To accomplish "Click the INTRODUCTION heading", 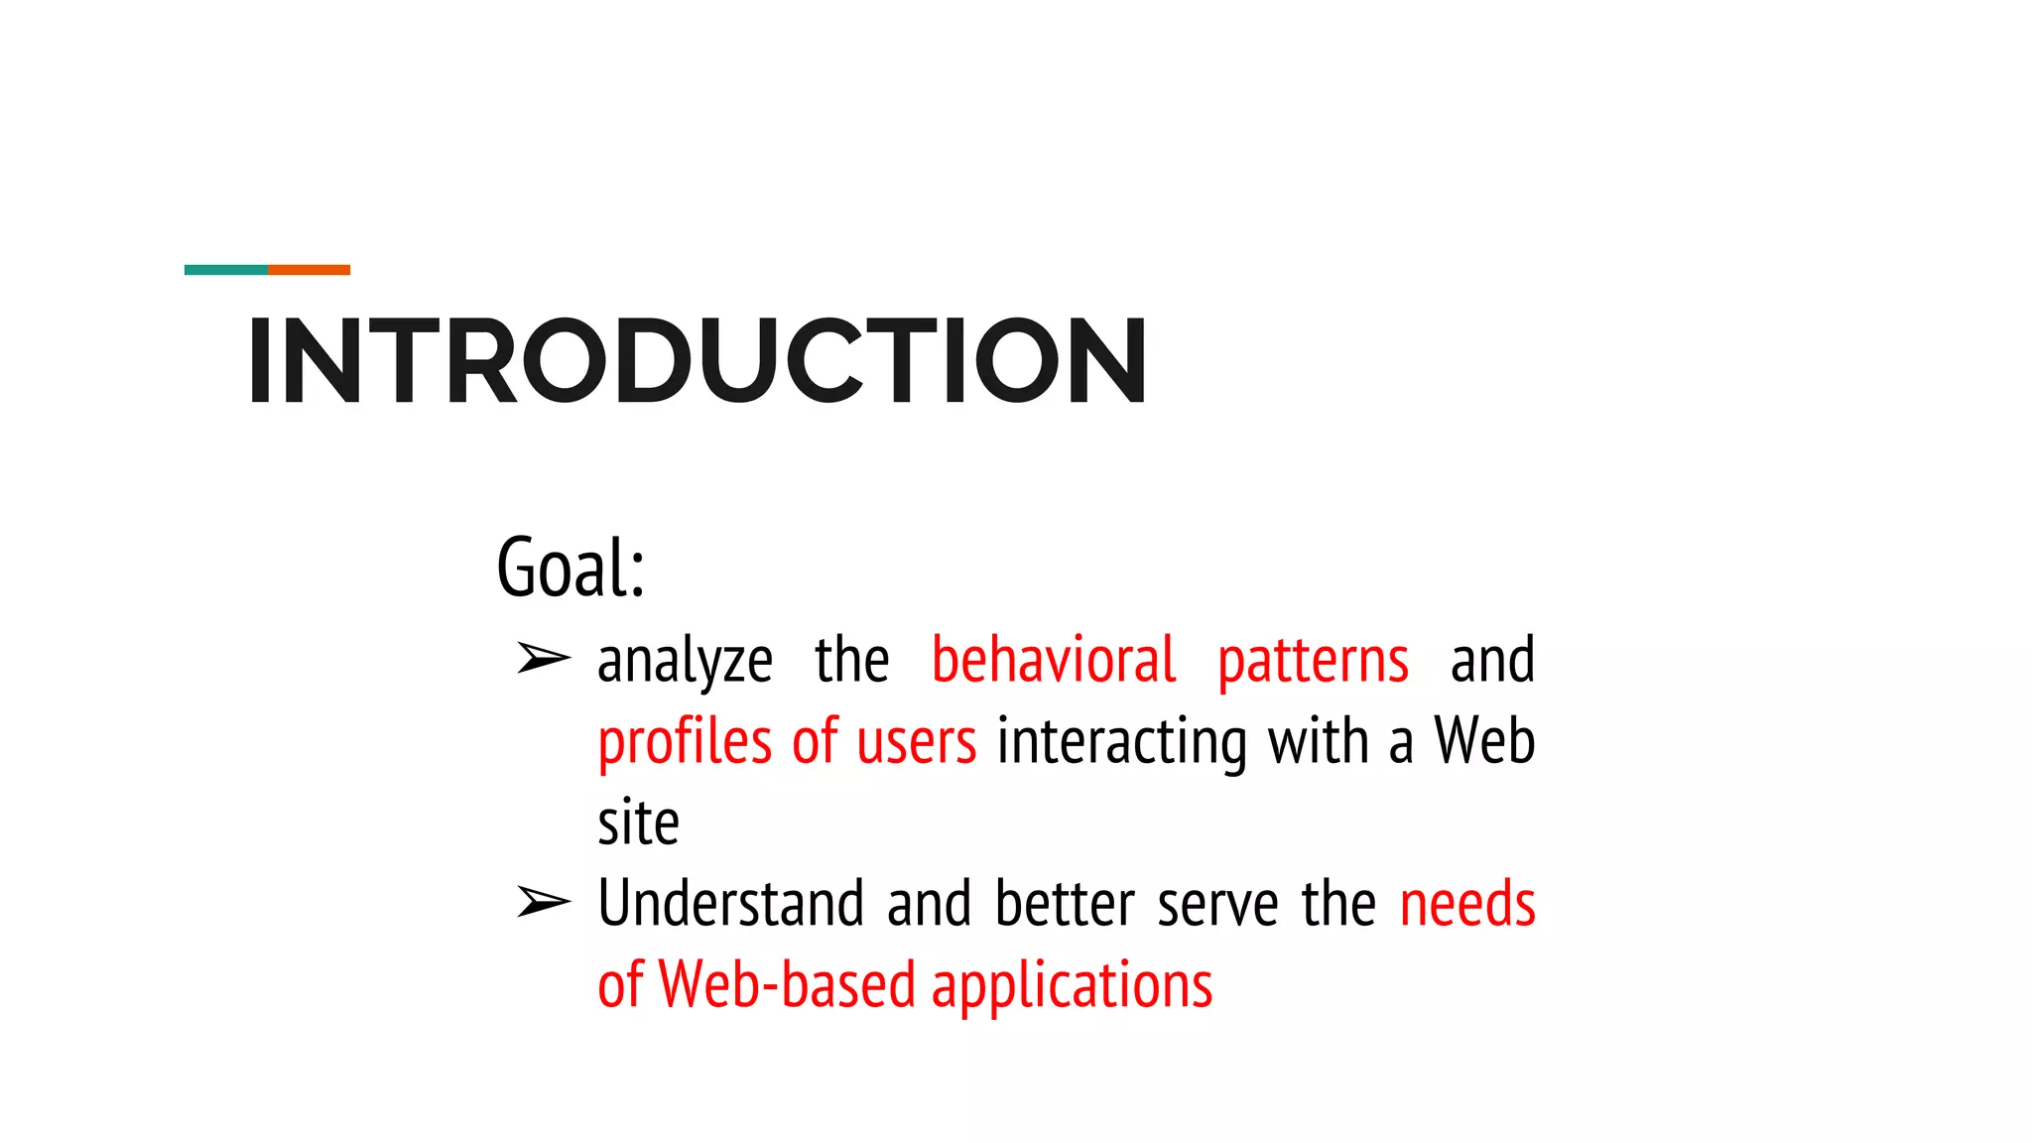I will [698, 361].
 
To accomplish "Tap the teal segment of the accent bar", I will [226, 270].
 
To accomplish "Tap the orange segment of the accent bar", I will [309, 270].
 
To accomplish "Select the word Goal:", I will [571, 567].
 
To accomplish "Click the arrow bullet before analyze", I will [544, 658].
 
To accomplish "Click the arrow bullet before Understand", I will [544, 902].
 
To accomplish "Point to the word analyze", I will [685, 661].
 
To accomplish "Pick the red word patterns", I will [1313, 661].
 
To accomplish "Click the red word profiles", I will [685, 742].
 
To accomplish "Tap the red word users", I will [916, 742].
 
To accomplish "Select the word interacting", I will [1122, 742].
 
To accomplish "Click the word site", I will [638, 823].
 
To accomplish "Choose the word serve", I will [1217, 905].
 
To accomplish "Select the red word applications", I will [1072, 986].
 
